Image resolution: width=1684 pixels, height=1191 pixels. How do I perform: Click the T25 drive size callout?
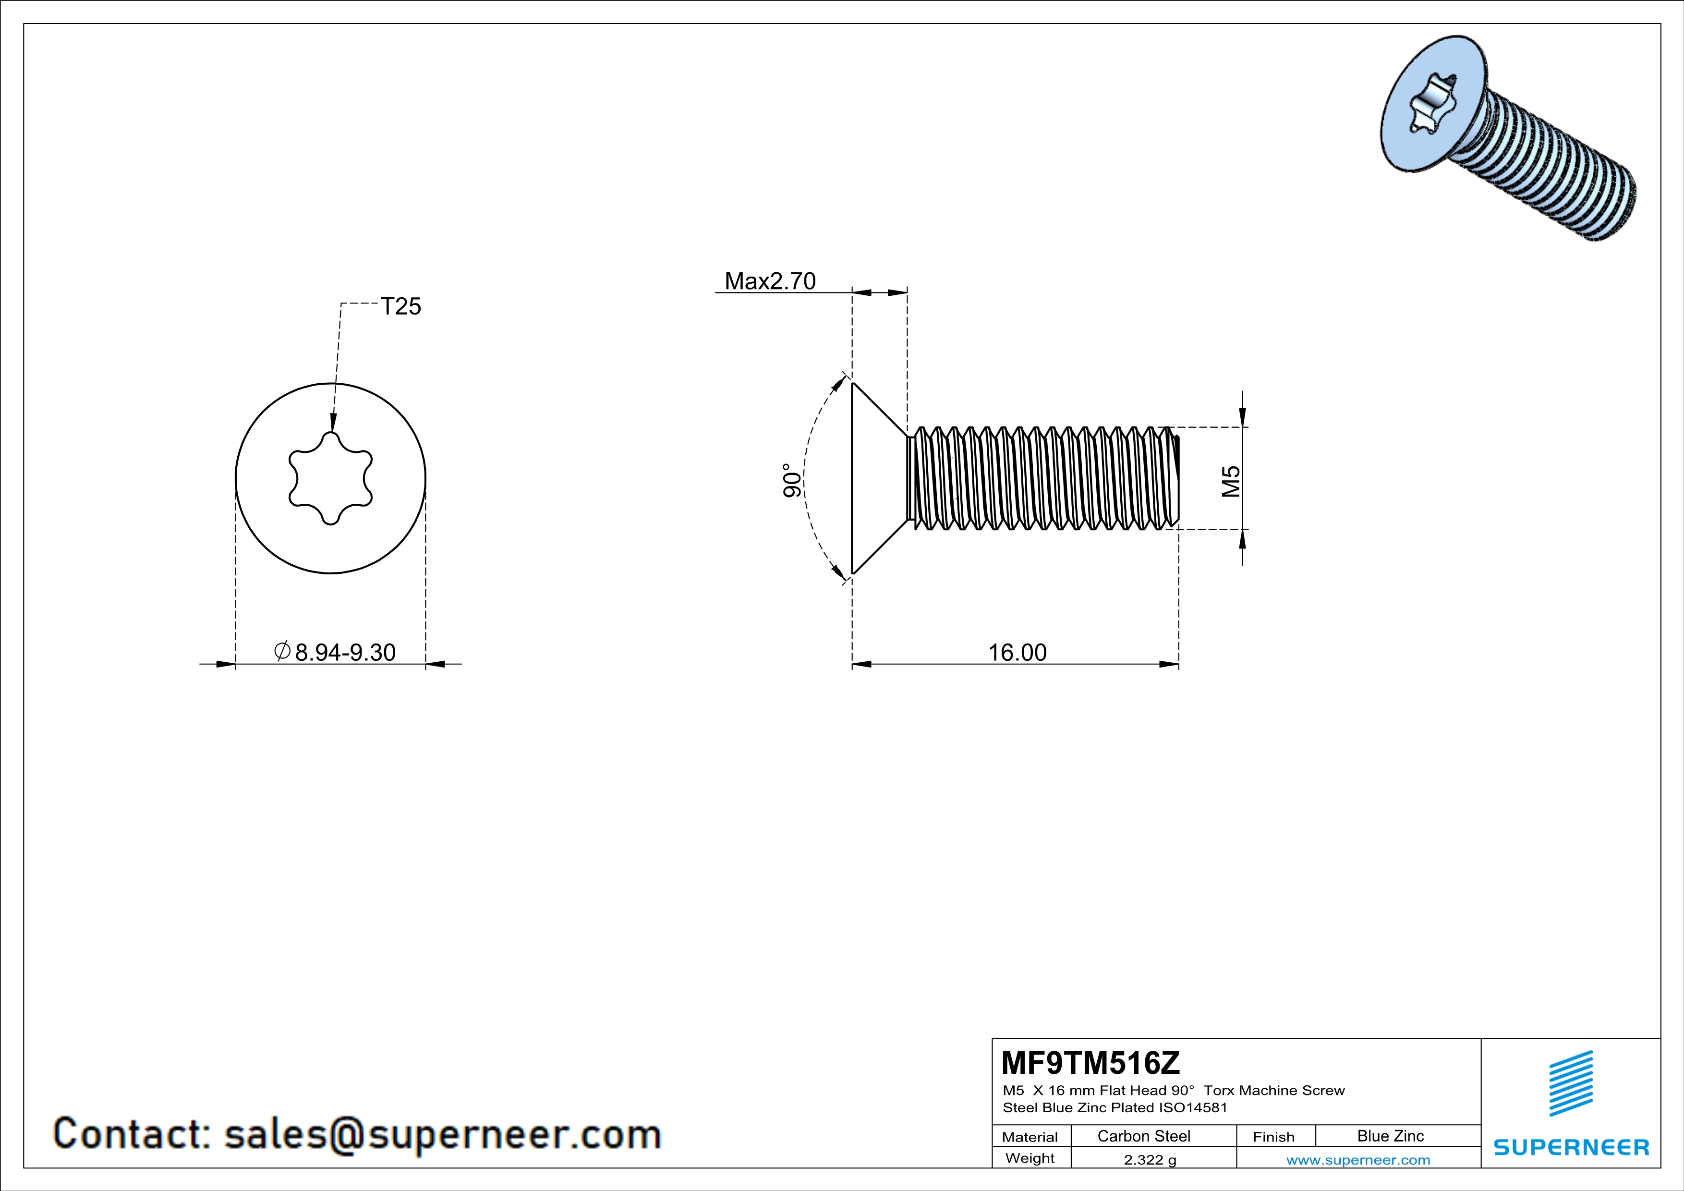tap(400, 306)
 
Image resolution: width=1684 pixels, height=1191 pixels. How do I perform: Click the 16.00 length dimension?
tap(1018, 652)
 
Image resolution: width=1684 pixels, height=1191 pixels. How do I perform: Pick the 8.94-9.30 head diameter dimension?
tap(344, 652)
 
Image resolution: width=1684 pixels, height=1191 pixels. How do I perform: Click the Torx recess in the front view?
tap(331, 478)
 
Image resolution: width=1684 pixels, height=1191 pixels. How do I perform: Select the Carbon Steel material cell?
tap(1143, 1136)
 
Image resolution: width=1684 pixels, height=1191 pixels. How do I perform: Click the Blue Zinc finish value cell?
tap(1391, 1136)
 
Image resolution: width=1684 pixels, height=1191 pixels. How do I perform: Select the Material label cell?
tap(1030, 1137)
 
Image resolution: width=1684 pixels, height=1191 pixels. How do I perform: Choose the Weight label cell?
tap(1030, 1158)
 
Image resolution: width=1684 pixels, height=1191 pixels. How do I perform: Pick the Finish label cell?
tap(1274, 1137)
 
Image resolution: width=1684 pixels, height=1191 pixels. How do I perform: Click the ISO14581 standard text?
tap(1193, 1108)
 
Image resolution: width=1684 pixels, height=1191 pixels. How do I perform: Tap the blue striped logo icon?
tap(1571, 1082)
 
